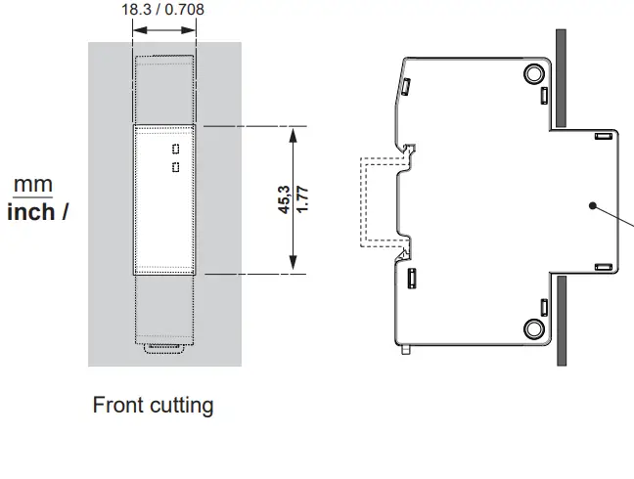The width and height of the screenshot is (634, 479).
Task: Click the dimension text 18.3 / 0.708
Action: coord(163,10)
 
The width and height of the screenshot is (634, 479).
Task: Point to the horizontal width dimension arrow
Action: coord(164,30)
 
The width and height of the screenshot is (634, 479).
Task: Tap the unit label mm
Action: coord(32,185)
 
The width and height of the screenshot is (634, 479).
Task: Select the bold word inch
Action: coord(31,211)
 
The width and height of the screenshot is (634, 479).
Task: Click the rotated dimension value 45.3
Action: coord(283,199)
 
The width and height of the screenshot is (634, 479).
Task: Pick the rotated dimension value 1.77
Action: coord(303,199)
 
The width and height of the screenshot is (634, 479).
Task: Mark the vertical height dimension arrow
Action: coord(294,199)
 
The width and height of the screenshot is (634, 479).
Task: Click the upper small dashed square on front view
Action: coord(176,150)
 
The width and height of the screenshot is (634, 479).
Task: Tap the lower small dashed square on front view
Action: coord(176,167)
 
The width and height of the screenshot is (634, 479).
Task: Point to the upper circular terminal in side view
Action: coord(533,73)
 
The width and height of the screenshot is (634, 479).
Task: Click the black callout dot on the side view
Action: coord(593,205)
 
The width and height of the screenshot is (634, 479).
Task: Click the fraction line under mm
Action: coord(32,196)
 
